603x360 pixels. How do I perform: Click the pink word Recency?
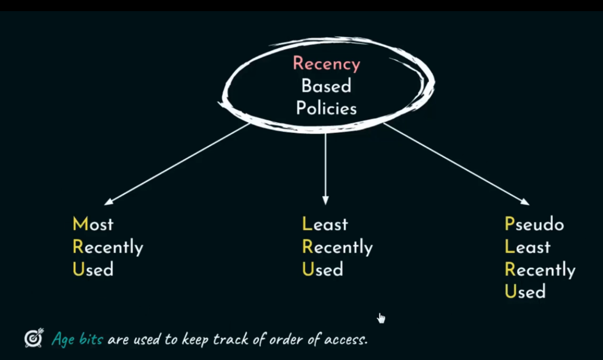[x=327, y=64]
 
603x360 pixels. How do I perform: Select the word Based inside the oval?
[x=326, y=86]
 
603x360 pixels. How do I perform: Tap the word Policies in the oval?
[x=326, y=108]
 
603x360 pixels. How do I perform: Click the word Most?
[x=93, y=224]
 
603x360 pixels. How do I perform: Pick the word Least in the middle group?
[x=325, y=224]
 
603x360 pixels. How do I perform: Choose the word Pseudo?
[x=534, y=224]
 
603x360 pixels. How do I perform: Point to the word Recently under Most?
[x=108, y=247]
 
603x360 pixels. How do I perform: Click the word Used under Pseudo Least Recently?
[x=525, y=292]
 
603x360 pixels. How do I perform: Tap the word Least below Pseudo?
[x=527, y=247]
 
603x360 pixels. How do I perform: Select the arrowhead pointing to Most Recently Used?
[x=108, y=202]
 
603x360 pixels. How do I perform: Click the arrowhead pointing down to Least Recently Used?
[x=325, y=201]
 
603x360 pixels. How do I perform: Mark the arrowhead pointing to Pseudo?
[x=526, y=202]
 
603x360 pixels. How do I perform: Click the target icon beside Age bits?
[x=34, y=338]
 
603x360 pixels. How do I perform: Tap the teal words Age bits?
[x=77, y=339]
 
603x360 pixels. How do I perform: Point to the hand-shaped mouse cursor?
[x=381, y=318]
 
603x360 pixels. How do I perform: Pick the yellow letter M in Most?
[x=80, y=224]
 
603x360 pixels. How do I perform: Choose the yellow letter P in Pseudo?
[x=509, y=224]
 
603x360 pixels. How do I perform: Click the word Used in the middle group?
[x=322, y=269]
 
